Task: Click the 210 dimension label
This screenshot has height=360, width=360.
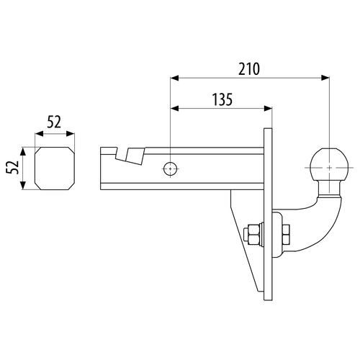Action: tap(249, 69)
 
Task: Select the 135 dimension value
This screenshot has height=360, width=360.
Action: tap(222, 99)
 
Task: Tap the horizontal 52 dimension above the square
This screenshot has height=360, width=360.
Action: tap(54, 122)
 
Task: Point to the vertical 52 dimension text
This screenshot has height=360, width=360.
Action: tap(12, 167)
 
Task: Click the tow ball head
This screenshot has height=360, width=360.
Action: tap(329, 166)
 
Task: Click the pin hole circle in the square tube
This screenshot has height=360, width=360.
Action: tap(171, 168)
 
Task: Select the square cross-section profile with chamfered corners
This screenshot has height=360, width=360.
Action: tap(55, 168)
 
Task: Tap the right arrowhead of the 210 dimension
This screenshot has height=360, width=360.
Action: tap(325, 78)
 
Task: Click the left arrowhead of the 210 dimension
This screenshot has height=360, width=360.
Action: tap(175, 78)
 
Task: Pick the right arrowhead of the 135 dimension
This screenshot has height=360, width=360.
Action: tap(268, 109)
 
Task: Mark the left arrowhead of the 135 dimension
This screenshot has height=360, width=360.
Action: tap(175, 109)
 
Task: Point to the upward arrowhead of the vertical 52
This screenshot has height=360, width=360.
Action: tap(23, 152)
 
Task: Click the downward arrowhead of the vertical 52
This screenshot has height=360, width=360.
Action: tap(23, 186)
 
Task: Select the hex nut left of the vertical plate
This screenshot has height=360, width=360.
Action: tap(254, 235)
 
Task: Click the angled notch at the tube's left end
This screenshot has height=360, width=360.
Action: tap(130, 156)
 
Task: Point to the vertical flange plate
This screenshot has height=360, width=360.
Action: tap(268, 215)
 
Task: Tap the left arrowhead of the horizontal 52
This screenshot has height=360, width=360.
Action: tap(40, 134)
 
